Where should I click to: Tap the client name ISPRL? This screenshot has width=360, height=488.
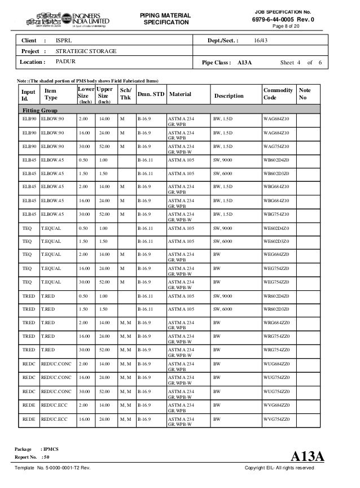pos(64,41)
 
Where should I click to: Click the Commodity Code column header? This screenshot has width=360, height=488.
pos(278,94)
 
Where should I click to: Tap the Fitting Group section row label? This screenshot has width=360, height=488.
pos(39,110)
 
